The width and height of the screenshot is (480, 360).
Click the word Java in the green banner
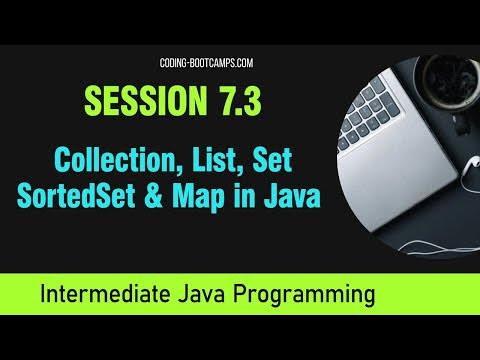click(x=219, y=296)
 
